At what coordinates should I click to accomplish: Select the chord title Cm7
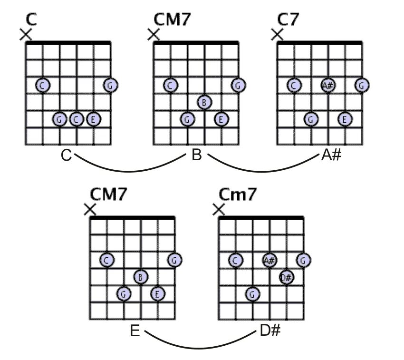click(x=238, y=195)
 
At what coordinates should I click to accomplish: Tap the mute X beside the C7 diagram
click(x=277, y=35)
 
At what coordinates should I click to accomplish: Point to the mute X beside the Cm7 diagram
click(x=219, y=209)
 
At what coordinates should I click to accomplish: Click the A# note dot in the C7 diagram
click(x=328, y=85)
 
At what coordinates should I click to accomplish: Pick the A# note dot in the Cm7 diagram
click(x=269, y=260)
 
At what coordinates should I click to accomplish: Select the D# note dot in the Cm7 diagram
click(x=286, y=277)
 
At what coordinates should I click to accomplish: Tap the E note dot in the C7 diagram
click(x=345, y=119)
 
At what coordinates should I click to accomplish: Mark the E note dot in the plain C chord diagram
click(x=94, y=119)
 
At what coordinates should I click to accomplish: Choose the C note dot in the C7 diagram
click(x=294, y=85)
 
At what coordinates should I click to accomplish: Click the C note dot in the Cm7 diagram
click(x=235, y=260)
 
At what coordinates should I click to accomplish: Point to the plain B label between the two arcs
click(x=197, y=156)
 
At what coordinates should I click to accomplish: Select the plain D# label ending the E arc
click(x=270, y=331)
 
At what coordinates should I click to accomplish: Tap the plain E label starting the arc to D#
click(x=135, y=331)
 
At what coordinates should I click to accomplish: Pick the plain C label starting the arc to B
click(x=67, y=156)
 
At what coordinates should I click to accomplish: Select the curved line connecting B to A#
click(x=264, y=171)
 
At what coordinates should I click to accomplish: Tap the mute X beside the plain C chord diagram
click(x=26, y=34)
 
